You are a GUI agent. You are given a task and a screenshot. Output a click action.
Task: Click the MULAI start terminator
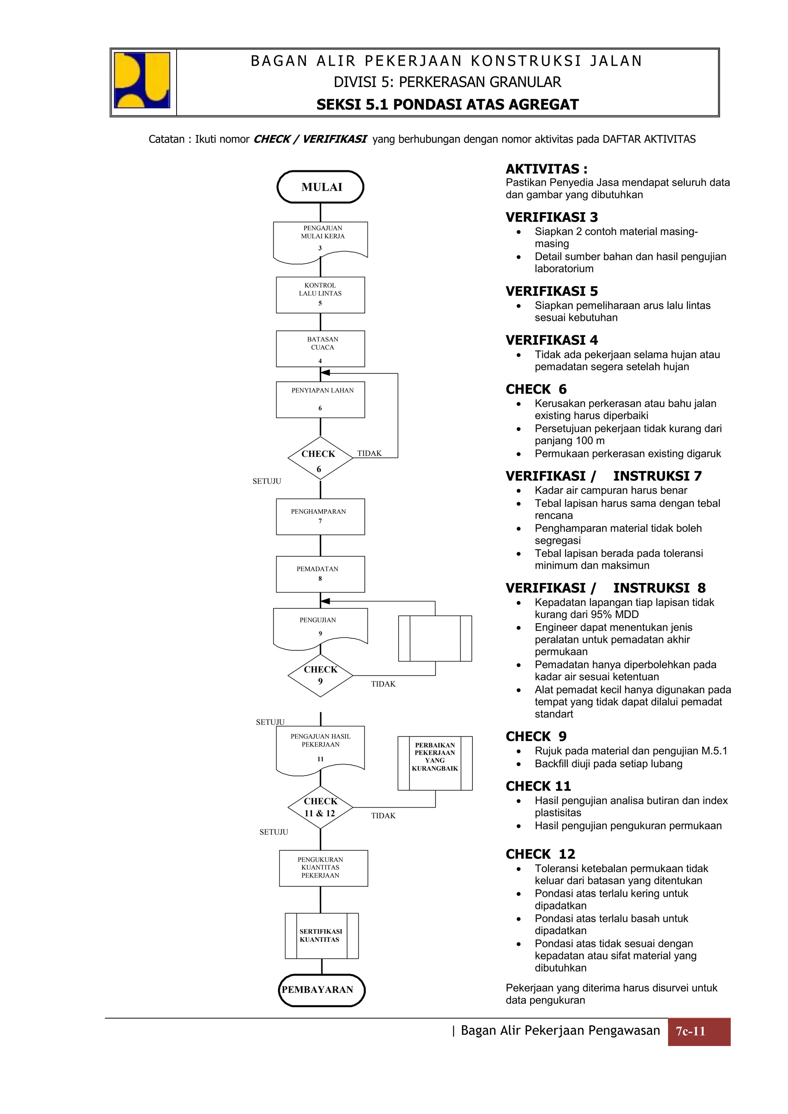pyautogui.click(x=321, y=187)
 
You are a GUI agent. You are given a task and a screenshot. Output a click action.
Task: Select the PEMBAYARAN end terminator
pyautogui.click(x=321, y=990)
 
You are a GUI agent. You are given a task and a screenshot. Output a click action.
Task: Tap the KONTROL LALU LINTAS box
pyautogui.click(x=321, y=295)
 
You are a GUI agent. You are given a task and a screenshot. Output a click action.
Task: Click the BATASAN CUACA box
pyautogui.click(x=321, y=348)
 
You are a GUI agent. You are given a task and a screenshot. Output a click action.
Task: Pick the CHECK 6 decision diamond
pyautogui.click(x=320, y=458)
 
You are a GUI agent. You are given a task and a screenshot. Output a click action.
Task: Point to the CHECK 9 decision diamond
pyautogui.click(x=320, y=675)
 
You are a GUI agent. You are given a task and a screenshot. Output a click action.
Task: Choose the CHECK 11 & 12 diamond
pyautogui.click(x=320, y=808)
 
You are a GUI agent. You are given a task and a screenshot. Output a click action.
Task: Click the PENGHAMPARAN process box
pyautogui.click(x=321, y=516)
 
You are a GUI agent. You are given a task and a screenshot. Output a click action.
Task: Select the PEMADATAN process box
pyautogui.click(x=321, y=574)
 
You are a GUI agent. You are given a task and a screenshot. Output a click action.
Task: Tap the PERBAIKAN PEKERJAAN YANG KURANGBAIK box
pyautogui.click(x=435, y=763)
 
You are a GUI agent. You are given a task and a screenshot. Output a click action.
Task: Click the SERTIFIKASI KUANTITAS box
pyautogui.click(x=321, y=936)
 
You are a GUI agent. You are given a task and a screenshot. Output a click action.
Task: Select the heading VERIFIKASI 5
pyautogui.click(x=551, y=291)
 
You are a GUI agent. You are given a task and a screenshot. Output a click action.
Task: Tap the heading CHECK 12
pyautogui.click(x=540, y=854)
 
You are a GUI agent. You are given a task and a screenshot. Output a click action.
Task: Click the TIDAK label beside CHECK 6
pyautogui.click(x=369, y=453)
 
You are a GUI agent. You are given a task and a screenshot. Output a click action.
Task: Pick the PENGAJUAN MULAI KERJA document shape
pyautogui.click(x=321, y=241)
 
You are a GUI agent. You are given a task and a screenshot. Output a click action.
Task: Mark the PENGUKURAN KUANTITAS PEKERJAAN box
pyautogui.click(x=323, y=868)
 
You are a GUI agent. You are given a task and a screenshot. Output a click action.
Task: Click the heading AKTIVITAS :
pyautogui.click(x=546, y=169)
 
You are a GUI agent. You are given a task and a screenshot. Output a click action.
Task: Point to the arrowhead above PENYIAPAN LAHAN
pyautogui.click(x=325, y=373)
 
